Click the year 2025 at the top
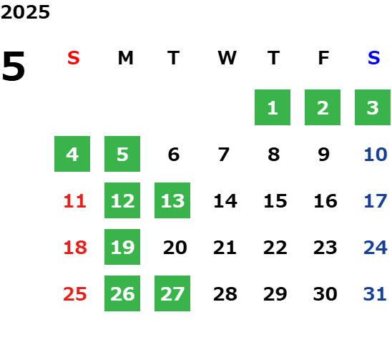click(x=25, y=12)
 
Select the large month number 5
click(x=14, y=66)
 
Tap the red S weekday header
click(x=74, y=58)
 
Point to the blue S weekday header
click(x=373, y=58)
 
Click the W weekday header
click(x=227, y=58)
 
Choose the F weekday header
click(x=324, y=58)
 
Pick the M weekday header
click(x=125, y=58)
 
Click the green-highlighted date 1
click(x=273, y=107)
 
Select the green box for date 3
click(x=373, y=107)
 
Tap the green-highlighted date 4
click(x=72, y=154)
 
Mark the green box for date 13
click(x=172, y=200)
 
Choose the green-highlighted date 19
click(x=122, y=247)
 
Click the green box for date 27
click(x=172, y=293)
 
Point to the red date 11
click(x=75, y=201)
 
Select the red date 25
click(x=75, y=294)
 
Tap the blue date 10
click(x=376, y=155)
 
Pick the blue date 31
click(x=375, y=294)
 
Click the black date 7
click(x=224, y=155)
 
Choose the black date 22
click(x=275, y=248)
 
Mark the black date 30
click(x=325, y=294)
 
